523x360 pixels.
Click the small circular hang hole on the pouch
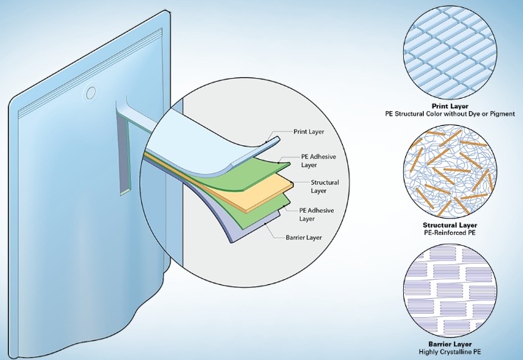click(90, 93)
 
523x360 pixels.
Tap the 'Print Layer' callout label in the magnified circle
click(308, 132)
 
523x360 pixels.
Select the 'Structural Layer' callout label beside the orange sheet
click(324, 187)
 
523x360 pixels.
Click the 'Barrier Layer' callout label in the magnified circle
click(304, 238)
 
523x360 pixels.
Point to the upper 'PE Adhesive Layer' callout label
click(319, 160)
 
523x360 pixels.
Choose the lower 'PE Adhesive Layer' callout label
click(316, 214)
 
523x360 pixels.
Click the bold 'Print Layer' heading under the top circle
click(450, 107)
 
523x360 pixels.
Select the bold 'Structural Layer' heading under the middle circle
click(450, 225)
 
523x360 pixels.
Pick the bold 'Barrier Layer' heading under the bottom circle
click(450, 345)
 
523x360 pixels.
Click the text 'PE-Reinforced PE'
click(450, 233)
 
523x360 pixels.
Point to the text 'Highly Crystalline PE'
click(450, 352)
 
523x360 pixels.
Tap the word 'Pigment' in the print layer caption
click(502, 114)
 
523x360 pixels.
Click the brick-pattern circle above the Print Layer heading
click(450, 54)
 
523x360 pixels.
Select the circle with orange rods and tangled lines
click(450, 173)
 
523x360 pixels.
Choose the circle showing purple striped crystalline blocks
click(450, 292)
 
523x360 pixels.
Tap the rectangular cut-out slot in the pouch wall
click(125, 150)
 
